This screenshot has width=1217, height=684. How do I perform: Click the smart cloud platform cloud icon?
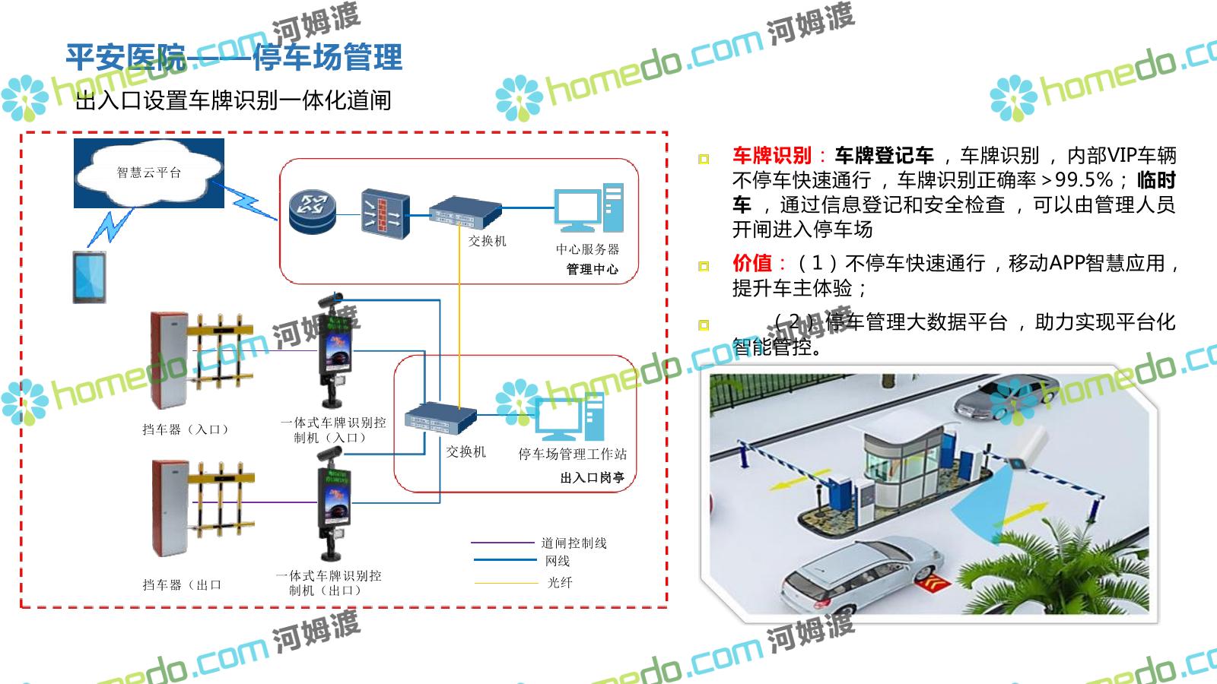click(149, 173)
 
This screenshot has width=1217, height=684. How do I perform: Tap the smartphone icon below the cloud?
click(89, 277)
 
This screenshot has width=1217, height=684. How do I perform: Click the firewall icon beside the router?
click(384, 214)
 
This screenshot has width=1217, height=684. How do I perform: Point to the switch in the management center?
click(465, 212)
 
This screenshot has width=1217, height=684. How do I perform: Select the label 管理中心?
click(592, 269)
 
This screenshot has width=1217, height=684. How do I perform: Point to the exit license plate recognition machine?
click(334, 502)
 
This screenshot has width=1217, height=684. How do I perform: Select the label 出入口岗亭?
click(592, 477)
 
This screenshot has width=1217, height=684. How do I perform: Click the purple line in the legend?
click(502, 543)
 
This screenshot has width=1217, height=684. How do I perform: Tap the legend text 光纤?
click(559, 582)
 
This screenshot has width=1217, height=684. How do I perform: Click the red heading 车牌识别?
click(771, 156)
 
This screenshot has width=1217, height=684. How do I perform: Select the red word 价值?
click(751, 263)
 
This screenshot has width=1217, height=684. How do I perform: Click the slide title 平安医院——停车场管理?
click(234, 58)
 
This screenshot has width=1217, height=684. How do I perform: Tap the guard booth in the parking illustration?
click(905, 464)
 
